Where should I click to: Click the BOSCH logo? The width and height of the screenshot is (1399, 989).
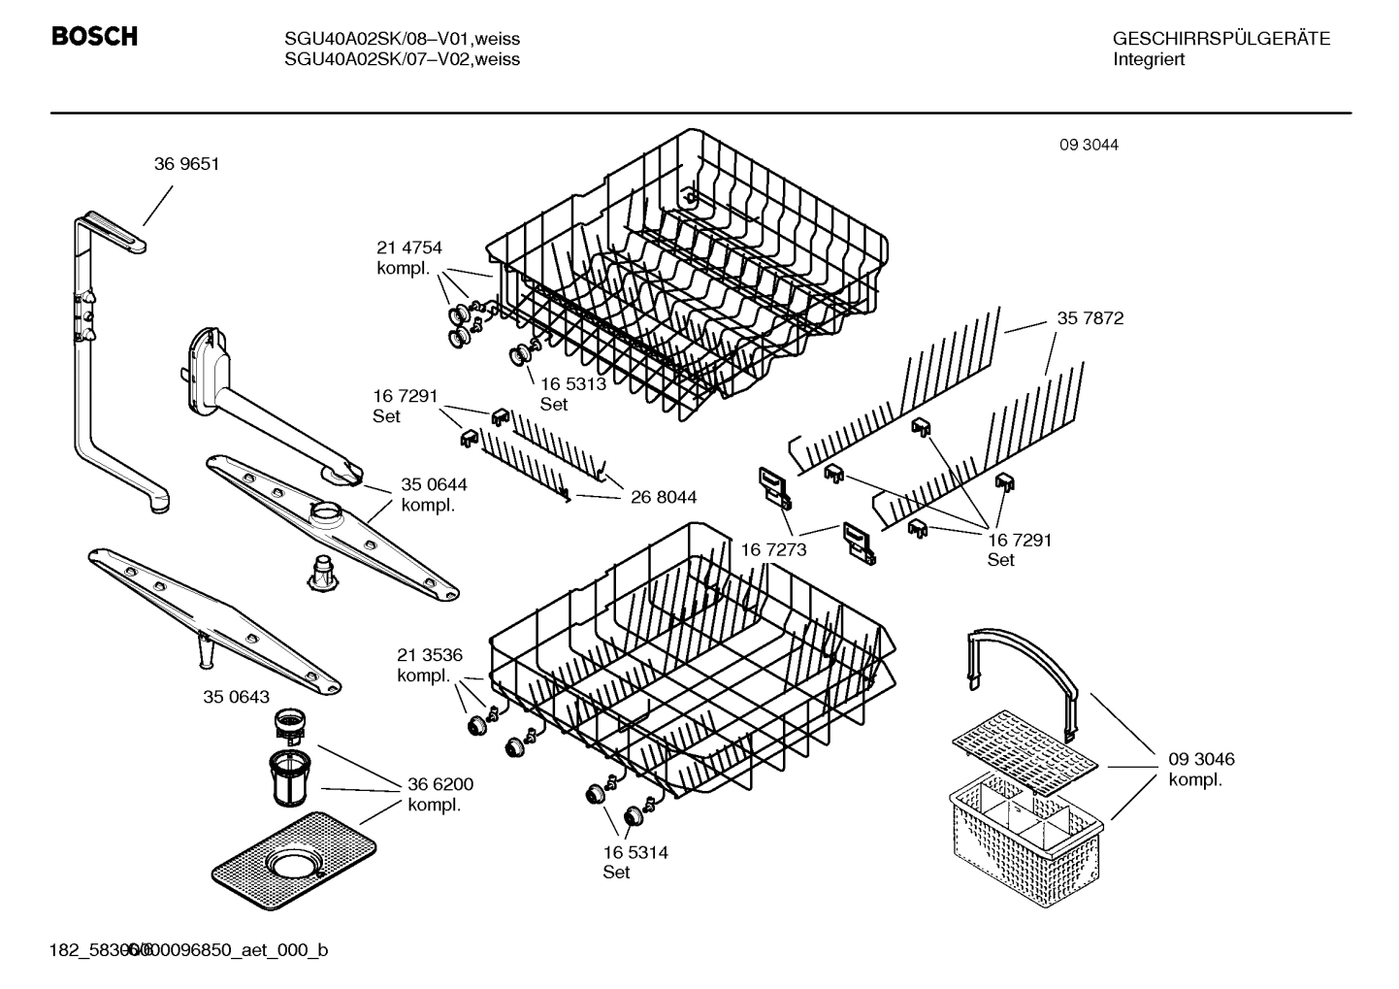click(x=94, y=37)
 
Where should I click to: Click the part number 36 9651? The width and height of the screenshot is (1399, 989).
click(x=186, y=164)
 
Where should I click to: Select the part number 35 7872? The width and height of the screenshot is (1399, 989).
click(x=1090, y=318)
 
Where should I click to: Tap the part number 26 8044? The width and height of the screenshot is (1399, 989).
click(x=663, y=498)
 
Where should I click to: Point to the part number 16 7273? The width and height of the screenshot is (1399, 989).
click(x=773, y=550)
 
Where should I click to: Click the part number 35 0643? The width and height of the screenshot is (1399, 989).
click(x=236, y=697)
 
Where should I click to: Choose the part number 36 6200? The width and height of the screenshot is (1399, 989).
click(x=440, y=784)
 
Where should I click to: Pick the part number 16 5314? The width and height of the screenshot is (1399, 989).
click(x=634, y=852)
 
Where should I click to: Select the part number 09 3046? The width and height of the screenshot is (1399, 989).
click(x=1201, y=759)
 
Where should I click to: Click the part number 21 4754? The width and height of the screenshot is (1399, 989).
click(x=408, y=247)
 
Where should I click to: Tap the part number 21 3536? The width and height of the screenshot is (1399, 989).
click(x=429, y=655)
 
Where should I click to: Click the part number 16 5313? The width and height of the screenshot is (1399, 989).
click(x=572, y=383)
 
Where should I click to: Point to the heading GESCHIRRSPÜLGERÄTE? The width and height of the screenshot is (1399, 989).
click(x=1220, y=39)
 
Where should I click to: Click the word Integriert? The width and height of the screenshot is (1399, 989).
click(x=1149, y=59)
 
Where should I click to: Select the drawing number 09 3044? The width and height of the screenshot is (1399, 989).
click(x=1089, y=145)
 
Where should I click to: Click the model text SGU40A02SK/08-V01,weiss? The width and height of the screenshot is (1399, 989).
click(x=402, y=39)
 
